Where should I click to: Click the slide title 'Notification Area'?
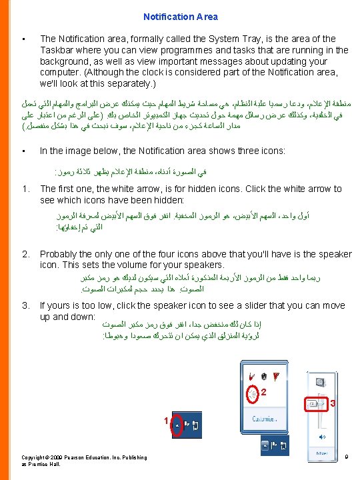pos(180,17)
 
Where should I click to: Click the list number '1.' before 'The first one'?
pos(26,189)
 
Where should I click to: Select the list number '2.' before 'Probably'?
pos(26,254)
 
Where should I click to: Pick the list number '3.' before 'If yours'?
pos(26,305)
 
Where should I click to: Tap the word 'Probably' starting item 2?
pos(61,254)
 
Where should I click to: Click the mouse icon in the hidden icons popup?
pos(264,374)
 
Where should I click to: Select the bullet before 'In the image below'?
pos(23,151)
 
